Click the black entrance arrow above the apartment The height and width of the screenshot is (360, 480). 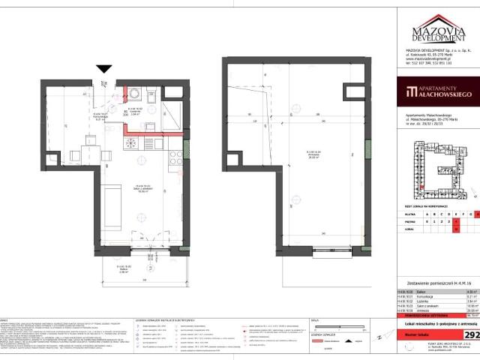click(103, 69)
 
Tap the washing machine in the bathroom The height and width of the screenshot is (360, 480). click(135, 94)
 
